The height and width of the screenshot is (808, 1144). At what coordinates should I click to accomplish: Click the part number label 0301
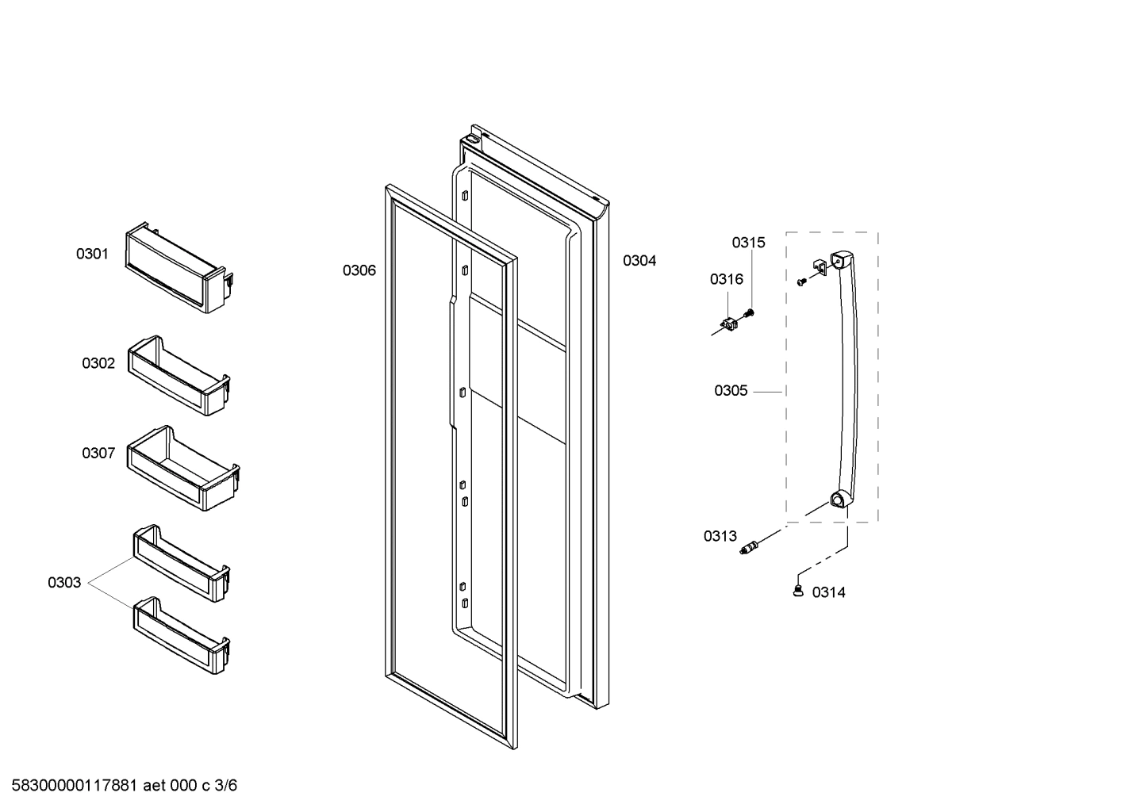[92, 255]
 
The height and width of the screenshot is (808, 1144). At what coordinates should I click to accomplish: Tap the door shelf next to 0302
[179, 376]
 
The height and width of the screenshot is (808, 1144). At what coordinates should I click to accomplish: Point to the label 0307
[98, 454]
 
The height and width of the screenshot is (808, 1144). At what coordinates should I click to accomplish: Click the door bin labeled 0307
[183, 469]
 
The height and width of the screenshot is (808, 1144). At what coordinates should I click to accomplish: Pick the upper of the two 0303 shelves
[182, 564]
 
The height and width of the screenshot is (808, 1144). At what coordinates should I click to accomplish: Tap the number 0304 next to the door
[639, 261]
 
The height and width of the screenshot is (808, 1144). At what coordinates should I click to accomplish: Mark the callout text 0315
[748, 243]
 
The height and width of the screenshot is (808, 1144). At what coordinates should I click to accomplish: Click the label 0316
[727, 279]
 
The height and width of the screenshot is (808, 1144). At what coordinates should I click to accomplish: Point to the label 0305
[731, 391]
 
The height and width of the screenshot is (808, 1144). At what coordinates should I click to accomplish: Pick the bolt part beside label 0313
[750, 547]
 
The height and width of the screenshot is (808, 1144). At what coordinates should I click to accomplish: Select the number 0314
[828, 592]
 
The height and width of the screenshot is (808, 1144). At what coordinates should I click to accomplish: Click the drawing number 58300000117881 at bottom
[72, 786]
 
